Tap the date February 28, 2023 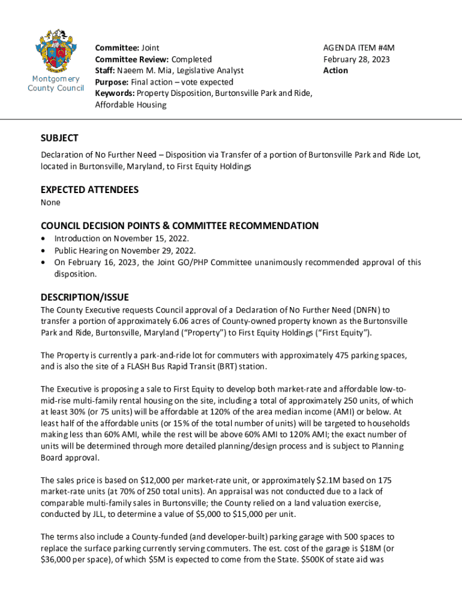click(356, 59)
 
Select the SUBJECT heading click(59, 138)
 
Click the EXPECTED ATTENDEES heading click(89, 189)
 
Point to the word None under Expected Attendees click(50, 203)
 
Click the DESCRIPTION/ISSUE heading click(85, 297)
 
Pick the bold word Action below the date click(335, 70)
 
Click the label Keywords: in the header click(115, 93)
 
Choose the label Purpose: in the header click(112, 82)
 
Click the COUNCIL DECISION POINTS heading click(179, 225)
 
